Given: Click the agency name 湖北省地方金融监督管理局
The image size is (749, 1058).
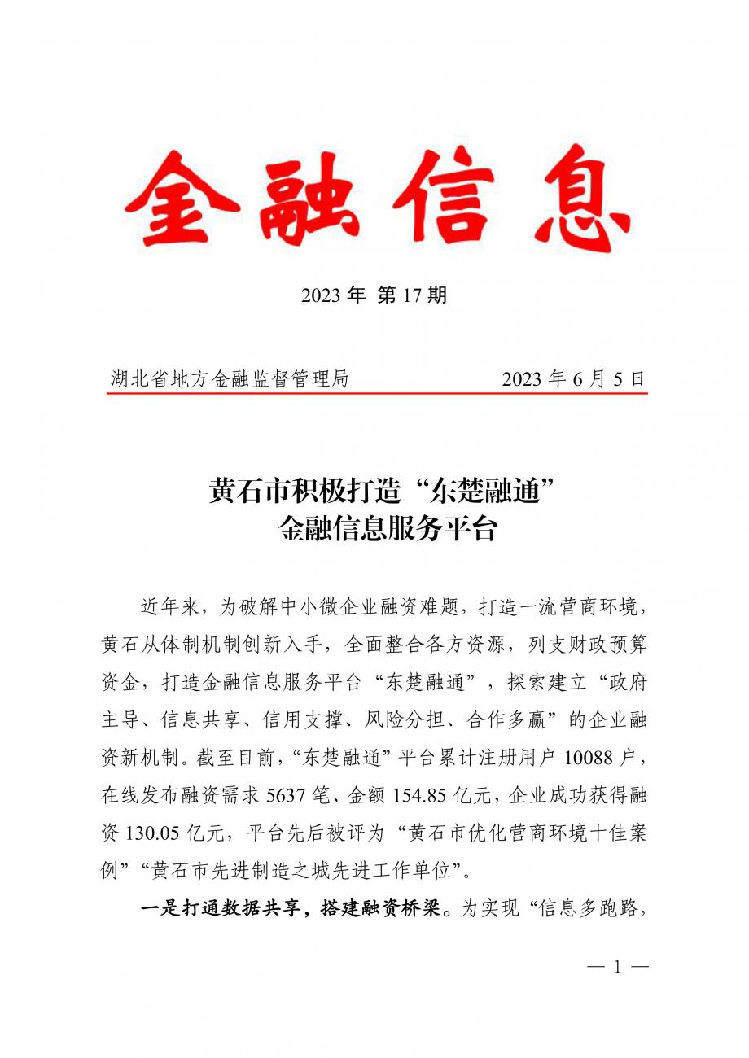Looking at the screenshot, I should tap(230, 378).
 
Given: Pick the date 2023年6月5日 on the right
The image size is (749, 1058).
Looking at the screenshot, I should tap(573, 378).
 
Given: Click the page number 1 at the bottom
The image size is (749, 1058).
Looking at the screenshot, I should tap(616, 967).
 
